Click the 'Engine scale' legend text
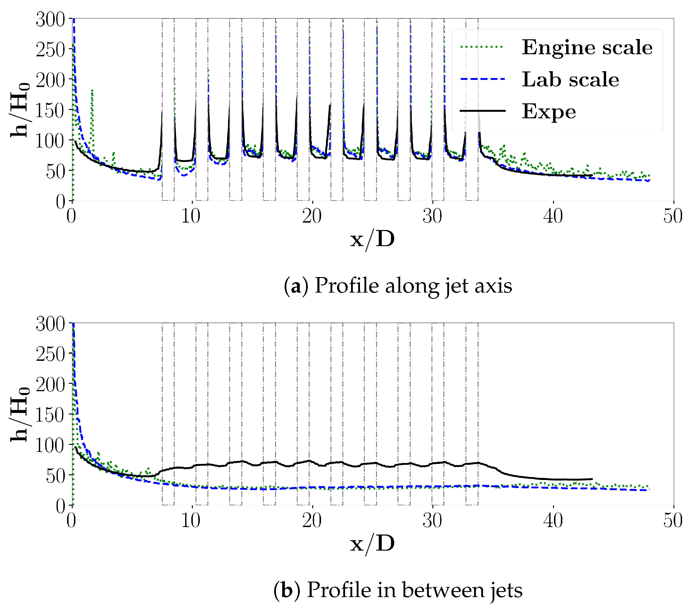[587, 47]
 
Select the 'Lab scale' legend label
[570, 80]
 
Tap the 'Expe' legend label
[549, 111]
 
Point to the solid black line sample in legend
[482, 111]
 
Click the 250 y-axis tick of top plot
[50, 50]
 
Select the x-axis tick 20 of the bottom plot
[312, 521]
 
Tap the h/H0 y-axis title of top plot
[19, 110]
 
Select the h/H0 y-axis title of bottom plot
[19, 414]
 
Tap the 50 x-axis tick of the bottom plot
[673, 521]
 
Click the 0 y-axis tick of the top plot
[60, 201]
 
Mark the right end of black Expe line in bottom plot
[592, 479]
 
